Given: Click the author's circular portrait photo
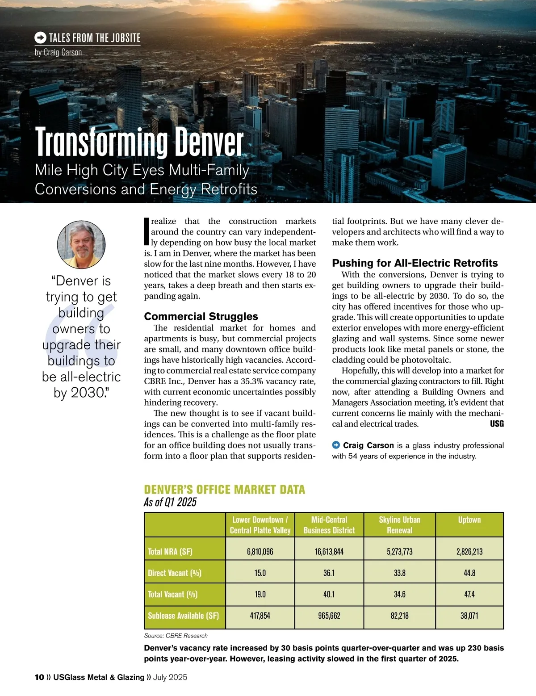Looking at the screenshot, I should (x=81, y=244).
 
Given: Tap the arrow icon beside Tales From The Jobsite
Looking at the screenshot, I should (x=40, y=38).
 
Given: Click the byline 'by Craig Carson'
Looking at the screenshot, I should (x=59, y=52).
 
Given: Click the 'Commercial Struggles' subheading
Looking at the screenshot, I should (x=201, y=316).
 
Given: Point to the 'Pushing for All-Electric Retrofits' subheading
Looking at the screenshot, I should (x=415, y=263).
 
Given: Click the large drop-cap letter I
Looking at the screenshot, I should (x=146, y=231).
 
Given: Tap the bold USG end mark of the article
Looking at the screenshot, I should (x=497, y=423).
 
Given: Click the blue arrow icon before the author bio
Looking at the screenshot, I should (x=336, y=445).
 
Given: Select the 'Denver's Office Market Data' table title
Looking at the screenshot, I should (x=224, y=490).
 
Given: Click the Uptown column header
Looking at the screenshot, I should (x=469, y=520).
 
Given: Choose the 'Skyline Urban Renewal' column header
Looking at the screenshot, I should (x=399, y=525).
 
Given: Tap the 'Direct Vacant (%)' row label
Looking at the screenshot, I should (x=175, y=573).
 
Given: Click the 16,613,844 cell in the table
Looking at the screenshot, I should (x=329, y=552).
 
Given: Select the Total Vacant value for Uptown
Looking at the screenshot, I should (x=469, y=594).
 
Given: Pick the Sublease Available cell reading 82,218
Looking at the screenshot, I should (x=399, y=616).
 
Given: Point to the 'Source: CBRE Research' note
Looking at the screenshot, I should (x=176, y=636).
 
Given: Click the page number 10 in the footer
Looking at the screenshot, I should (x=39, y=677).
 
